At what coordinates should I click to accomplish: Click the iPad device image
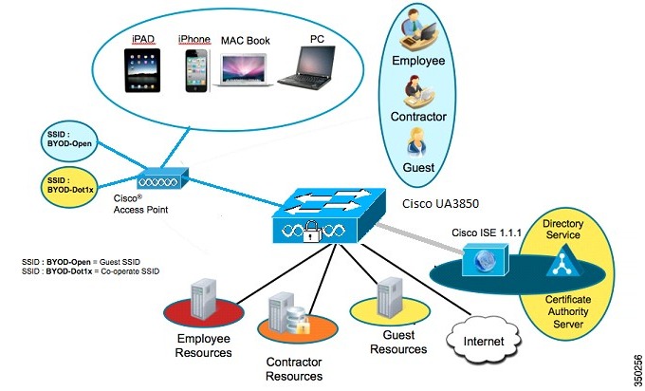coord(142,70)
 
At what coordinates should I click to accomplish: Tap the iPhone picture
coord(196,71)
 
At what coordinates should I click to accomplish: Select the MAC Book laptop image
coord(242,70)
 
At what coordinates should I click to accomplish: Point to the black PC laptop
coord(306,67)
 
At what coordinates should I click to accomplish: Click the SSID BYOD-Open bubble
coord(69,140)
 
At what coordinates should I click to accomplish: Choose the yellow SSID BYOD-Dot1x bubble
coord(70,187)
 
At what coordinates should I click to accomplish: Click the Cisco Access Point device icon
coord(163,178)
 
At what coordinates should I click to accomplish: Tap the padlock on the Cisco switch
coord(311,232)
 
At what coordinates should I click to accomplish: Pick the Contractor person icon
coord(418,92)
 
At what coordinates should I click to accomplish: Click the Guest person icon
coord(416,142)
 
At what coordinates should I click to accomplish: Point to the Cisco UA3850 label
coord(440,203)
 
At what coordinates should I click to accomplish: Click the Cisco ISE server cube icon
coord(486,260)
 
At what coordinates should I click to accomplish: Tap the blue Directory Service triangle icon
coord(564,260)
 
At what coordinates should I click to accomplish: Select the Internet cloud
coord(484,340)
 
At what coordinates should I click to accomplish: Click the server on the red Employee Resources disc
coord(204,298)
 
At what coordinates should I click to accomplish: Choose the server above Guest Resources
coord(390,298)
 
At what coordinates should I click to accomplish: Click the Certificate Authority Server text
coord(568,311)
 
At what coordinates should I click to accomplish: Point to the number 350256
coord(637,368)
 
